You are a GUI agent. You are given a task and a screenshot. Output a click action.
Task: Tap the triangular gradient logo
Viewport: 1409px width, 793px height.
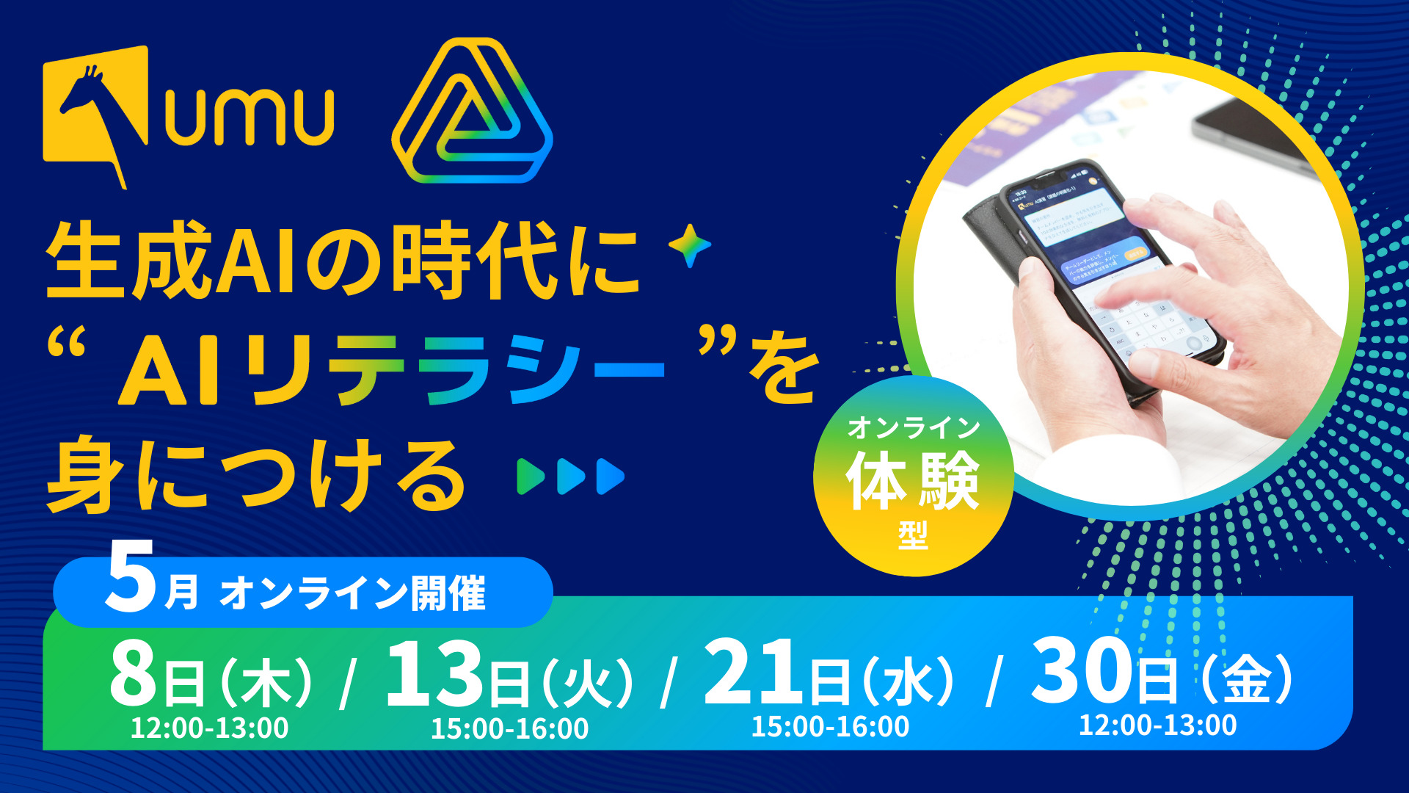click(472, 112)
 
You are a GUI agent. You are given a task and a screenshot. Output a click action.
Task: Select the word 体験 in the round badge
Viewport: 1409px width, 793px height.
click(913, 480)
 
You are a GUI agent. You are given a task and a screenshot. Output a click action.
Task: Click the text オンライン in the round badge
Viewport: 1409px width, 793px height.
click(914, 427)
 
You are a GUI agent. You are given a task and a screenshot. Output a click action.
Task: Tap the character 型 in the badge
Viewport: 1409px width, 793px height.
click(914, 535)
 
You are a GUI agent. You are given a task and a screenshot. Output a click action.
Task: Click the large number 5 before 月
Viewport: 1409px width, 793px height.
click(131, 577)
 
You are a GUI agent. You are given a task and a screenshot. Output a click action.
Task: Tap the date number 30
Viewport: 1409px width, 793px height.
click(1082, 670)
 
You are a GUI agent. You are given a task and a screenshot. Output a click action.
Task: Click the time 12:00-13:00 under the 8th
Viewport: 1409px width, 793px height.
click(210, 728)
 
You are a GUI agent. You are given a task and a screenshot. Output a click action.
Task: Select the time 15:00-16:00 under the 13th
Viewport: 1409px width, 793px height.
click(509, 729)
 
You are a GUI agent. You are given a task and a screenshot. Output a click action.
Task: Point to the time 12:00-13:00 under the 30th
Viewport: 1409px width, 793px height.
click(1157, 725)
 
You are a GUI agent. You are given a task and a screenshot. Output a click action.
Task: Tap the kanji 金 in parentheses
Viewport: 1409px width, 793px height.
click(1248, 678)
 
